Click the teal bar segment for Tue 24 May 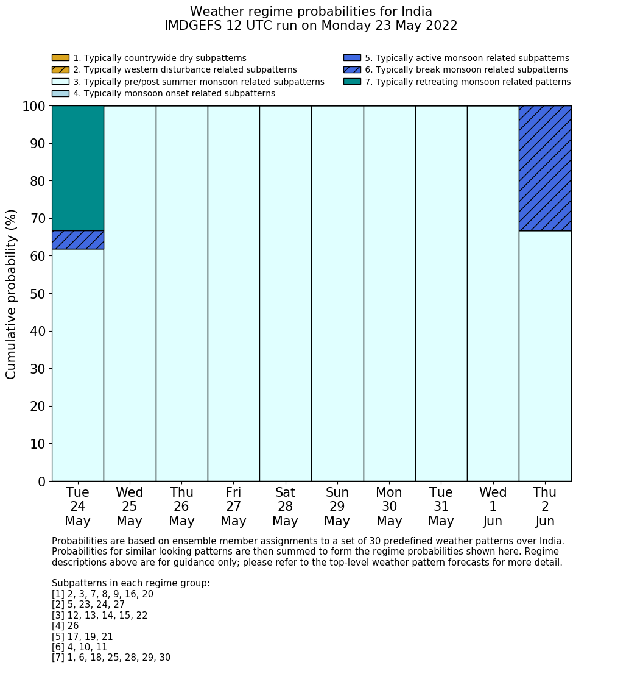tap(77, 168)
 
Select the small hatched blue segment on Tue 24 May tap(77, 240)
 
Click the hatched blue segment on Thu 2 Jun tap(545, 168)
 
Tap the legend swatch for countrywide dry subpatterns tap(60, 58)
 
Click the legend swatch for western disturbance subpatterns tap(60, 69)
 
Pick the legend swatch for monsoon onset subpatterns tap(60, 93)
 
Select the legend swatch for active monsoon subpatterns tap(352, 58)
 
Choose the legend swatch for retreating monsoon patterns tap(352, 82)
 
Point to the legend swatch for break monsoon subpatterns tap(352, 69)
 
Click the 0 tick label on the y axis tap(41, 482)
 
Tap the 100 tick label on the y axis tap(33, 106)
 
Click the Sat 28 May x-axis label tap(285, 507)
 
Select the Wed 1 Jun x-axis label tap(493, 507)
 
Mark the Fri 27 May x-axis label tap(233, 507)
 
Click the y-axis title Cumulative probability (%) tap(12, 294)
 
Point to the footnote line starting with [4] tap(65, 626)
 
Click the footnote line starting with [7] tap(111, 658)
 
